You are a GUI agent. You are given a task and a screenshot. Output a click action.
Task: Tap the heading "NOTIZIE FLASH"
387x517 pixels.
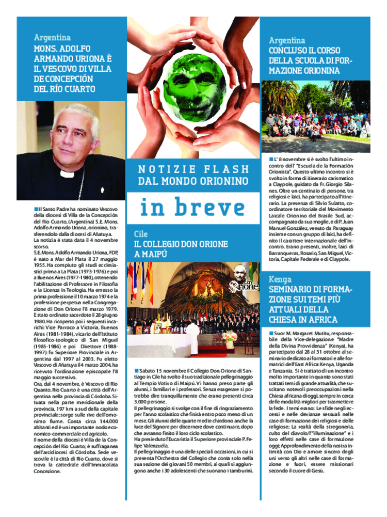(x=193, y=169)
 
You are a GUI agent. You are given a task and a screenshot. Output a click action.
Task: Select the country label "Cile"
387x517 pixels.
(x=140, y=234)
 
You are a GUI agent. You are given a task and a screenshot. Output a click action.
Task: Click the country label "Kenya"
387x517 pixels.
(x=280, y=279)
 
